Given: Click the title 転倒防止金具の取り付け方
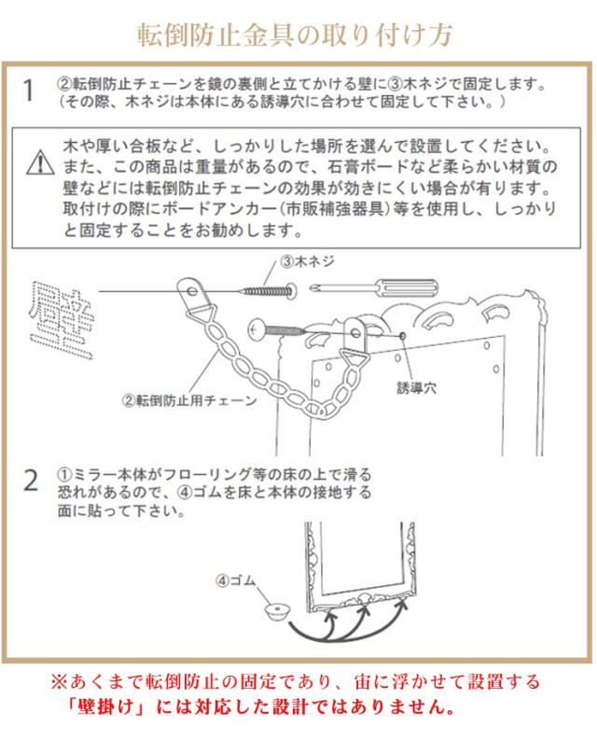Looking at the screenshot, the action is point(295,34).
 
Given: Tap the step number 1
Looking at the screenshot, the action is point(29,91).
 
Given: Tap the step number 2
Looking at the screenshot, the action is point(31,481).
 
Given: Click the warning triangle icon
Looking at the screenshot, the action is point(41,162).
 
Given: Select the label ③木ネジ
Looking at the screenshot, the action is point(308,261).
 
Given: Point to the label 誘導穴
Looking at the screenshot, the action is point(416,388).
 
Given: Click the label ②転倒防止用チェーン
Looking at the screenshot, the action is point(189,400).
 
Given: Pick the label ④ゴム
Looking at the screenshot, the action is point(236,580).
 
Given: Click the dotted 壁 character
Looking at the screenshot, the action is point(62,319).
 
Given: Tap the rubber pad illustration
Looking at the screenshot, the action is point(277,611).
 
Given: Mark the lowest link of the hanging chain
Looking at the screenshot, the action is point(313,411).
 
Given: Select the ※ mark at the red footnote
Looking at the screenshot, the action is point(59,682).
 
